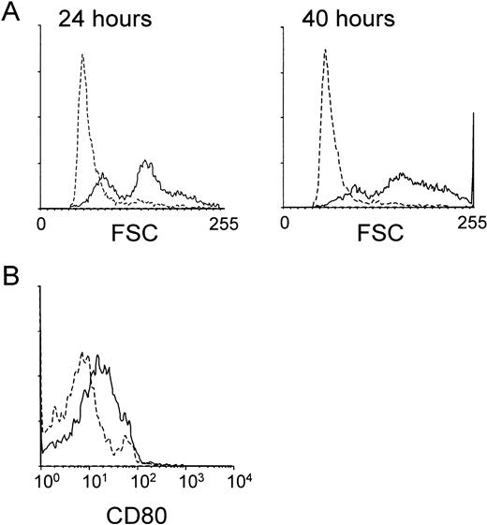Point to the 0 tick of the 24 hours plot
[x=40, y=224]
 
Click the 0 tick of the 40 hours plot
[x=288, y=224]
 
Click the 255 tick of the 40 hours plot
[x=472, y=224]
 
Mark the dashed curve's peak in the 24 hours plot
[x=82, y=55]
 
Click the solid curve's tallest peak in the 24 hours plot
[x=145, y=162]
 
